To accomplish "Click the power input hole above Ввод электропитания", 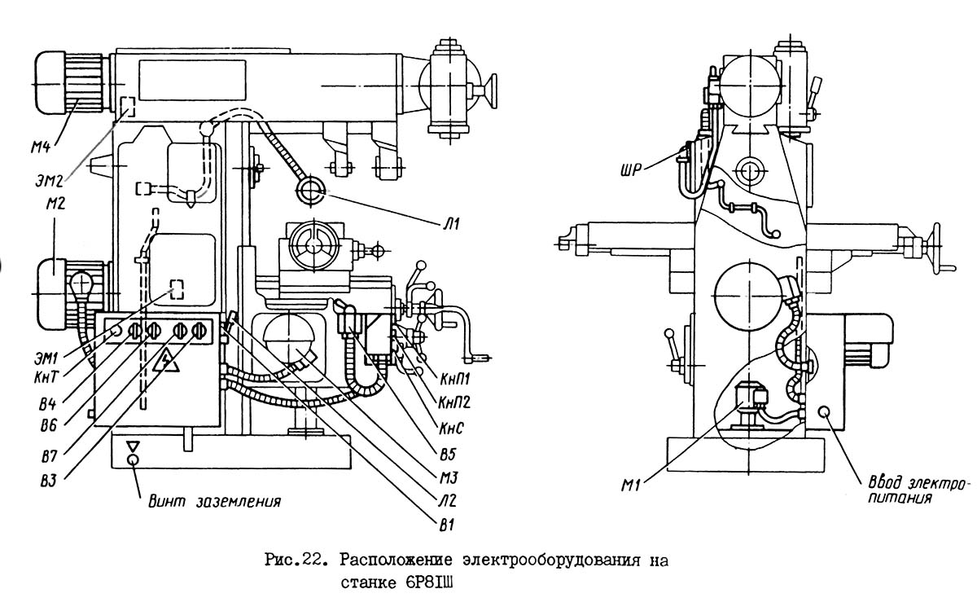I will click(824, 411).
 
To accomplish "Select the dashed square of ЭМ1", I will click(177, 288).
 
